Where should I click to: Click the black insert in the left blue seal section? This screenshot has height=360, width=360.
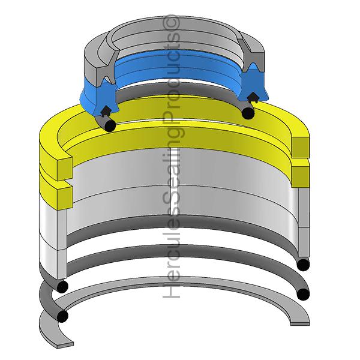[x=106, y=110]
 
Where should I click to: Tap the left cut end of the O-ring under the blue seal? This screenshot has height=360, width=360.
[x=109, y=125]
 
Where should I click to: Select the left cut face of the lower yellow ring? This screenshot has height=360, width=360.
[x=56, y=193]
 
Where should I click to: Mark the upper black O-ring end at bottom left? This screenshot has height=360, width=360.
[x=62, y=286]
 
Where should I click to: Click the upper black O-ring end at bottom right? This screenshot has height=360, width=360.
[x=304, y=265]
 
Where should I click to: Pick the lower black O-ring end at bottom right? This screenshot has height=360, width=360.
[x=304, y=294]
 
